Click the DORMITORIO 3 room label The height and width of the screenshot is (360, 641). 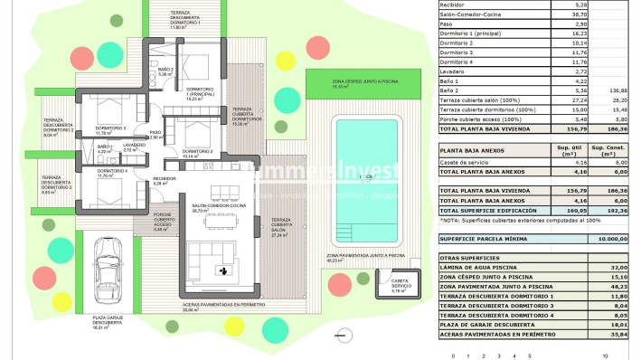111,105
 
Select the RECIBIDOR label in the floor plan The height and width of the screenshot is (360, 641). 164,180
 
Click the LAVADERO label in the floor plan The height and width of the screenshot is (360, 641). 134,146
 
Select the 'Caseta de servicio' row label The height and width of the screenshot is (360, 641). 465,162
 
